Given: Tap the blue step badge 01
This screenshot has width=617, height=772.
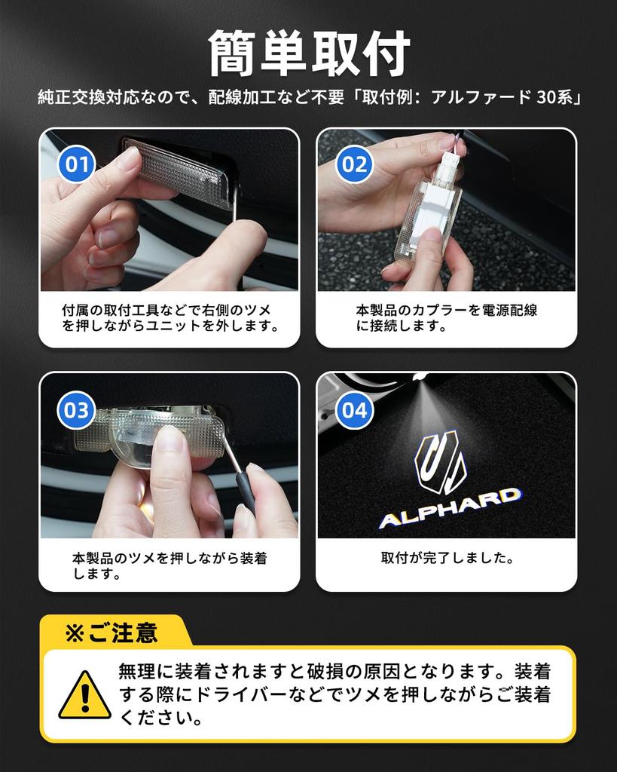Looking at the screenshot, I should click(77, 164).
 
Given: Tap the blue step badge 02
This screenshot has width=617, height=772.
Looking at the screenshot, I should click(354, 164).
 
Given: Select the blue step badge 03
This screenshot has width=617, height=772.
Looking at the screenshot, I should click(77, 411).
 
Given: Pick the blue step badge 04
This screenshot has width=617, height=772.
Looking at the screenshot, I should click(354, 411).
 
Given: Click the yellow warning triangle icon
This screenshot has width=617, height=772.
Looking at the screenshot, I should click(84, 695).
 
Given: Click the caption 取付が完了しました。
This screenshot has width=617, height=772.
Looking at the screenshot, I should click(447, 559).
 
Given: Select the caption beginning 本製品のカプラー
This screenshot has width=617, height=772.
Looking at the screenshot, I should click(447, 318).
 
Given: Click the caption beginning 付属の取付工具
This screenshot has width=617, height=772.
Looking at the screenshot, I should click(170, 318).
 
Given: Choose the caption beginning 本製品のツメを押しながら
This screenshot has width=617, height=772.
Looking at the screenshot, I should click(170, 566).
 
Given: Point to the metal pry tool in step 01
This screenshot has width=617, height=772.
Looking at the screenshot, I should click(235, 207).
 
